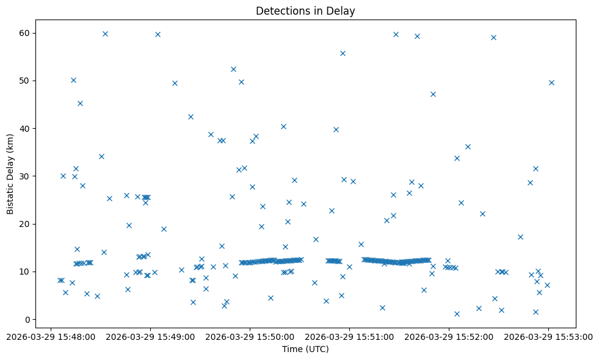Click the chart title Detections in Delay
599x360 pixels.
pos(305,11)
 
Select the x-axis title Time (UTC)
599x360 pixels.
pos(305,349)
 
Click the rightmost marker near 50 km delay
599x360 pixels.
pos(551,82)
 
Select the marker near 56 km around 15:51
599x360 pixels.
pos(343,53)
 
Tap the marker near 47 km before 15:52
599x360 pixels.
pos(433,94)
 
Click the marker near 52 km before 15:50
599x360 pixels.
pos(233,69)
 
